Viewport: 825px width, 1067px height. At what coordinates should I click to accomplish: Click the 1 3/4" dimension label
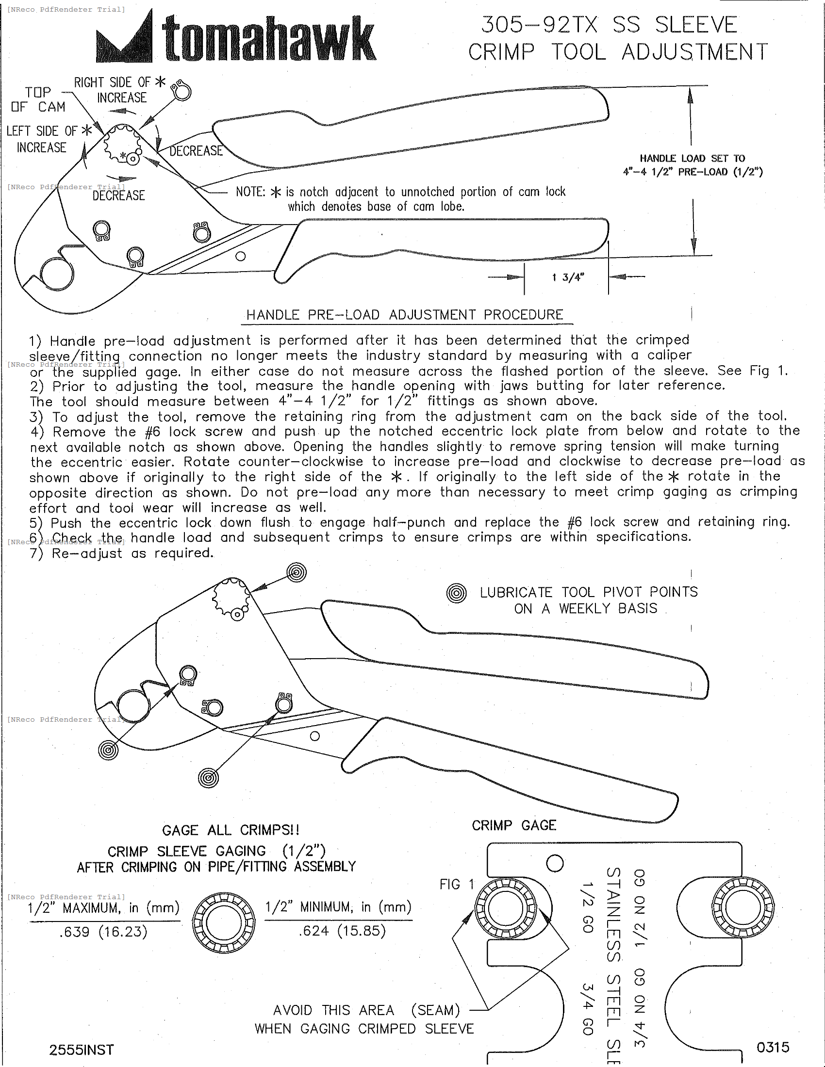568,277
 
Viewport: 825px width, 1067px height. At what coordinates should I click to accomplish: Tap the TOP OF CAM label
38,99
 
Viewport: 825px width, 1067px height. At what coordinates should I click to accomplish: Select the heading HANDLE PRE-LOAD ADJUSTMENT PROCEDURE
405,315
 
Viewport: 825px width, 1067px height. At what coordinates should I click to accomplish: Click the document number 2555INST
81,1050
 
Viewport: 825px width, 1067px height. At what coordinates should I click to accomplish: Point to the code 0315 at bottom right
773,1047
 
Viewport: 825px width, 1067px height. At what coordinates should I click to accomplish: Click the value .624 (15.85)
342,931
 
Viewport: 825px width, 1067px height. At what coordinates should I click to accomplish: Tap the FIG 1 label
457,884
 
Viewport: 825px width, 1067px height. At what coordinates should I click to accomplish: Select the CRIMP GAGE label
513,825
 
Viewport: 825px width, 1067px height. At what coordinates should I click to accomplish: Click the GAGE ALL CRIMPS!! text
231,830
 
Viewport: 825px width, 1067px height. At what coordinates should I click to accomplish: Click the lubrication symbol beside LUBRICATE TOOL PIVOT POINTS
457,594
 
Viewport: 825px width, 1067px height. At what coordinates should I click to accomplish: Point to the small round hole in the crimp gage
555,863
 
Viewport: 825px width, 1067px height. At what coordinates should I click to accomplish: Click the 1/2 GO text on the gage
587,907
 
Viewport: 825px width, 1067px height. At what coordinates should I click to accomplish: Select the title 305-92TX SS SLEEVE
609,24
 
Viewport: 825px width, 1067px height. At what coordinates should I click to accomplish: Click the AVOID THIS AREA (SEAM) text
366,1010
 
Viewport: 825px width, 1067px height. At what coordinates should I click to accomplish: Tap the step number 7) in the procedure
37,553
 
